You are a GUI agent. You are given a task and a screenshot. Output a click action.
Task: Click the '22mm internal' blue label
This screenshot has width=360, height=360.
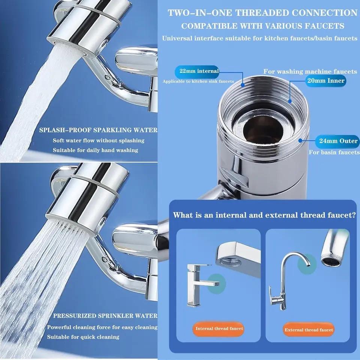(197, 71)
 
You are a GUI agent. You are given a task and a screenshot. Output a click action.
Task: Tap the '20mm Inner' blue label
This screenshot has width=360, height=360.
(325, 81)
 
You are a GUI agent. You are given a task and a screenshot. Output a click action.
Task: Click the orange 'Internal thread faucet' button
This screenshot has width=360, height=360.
(219, 328)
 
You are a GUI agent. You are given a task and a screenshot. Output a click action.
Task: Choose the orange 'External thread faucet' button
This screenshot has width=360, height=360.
(309, 330)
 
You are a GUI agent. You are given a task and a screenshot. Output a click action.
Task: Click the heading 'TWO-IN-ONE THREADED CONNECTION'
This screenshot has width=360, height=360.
(262, 13)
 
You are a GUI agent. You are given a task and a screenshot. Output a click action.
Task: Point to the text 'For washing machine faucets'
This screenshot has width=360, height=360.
(310, 71)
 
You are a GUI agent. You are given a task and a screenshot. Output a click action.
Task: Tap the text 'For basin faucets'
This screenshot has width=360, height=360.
(334, 153)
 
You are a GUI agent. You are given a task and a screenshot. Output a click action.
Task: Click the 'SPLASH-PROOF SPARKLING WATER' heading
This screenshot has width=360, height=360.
(98, 130)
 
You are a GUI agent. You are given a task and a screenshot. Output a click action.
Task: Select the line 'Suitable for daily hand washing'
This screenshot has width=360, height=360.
(95, 150)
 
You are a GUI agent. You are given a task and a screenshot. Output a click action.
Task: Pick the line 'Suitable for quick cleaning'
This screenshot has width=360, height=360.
(83, 337)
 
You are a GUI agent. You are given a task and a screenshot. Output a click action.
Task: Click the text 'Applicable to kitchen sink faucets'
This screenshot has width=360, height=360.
(198, 81)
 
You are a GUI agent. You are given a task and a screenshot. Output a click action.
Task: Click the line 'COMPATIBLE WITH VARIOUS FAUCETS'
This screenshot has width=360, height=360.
(262, 26)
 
